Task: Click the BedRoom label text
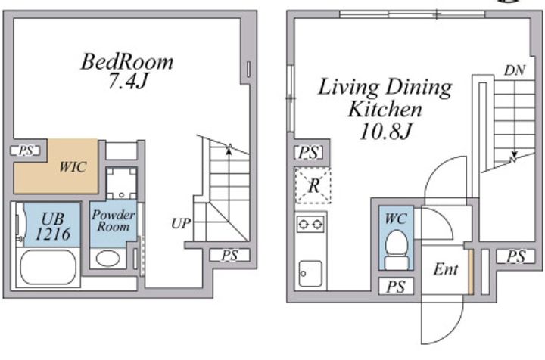coord(127,62)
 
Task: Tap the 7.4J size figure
coord(128,81)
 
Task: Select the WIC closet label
coord(73,167)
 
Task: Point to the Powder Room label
coord(114,220)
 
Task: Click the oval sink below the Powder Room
coord(107,259)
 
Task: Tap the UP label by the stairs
coord(181,223)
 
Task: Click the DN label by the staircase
coord(515,70)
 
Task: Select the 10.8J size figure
coord(386,132)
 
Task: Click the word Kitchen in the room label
coord(385,109)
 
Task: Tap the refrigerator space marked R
coord(313,186)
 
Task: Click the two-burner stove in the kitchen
coord(311,225)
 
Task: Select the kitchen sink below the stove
coord(310,274)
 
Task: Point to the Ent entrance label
coord(446,269)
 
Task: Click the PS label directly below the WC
coord(396,287)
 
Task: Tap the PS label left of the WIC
coord(26,151)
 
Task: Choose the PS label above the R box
coord(309,153)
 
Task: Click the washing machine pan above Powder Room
coord(121,183)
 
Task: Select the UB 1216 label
coord(53,227)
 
